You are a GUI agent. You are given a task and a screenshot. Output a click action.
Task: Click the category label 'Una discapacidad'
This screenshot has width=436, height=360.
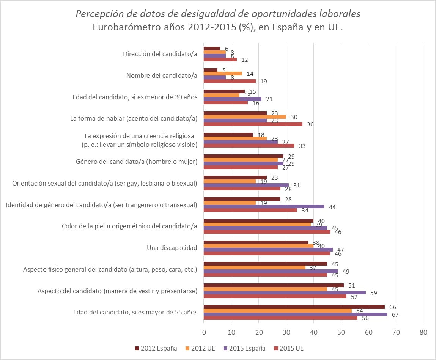coord(172,248)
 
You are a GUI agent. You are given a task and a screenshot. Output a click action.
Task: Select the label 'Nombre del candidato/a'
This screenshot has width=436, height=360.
coord(162,75)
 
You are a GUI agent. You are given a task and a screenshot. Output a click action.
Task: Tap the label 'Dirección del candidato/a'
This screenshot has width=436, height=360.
coord(160,54)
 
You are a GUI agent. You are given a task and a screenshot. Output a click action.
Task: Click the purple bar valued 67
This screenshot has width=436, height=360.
coord(296,314)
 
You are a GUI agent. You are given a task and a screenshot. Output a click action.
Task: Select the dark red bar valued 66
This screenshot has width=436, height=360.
coord(294,307)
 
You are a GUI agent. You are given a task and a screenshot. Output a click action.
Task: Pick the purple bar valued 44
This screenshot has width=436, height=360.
coord(264,207)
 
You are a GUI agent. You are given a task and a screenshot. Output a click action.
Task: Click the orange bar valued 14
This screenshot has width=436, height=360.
coord(223,74)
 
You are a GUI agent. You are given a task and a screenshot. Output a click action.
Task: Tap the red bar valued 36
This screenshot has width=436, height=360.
coord(253,124)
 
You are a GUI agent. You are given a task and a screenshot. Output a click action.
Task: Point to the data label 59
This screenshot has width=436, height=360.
coord(373,293)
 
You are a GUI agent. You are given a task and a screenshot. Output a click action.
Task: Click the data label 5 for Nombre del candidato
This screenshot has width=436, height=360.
coord(224,70)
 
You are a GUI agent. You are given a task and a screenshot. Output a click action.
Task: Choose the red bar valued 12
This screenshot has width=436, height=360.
coord(220,60)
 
